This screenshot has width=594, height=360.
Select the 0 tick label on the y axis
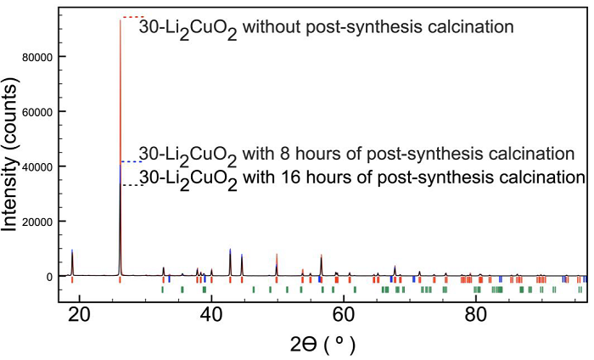(50, 276)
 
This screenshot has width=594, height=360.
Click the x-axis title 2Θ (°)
(322, 345)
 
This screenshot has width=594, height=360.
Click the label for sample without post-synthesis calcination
(327, 27)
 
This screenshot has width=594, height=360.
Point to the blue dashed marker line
(129, 161)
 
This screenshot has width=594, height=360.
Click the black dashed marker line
(129, 185)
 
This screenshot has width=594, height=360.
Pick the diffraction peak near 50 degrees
(277, 264)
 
